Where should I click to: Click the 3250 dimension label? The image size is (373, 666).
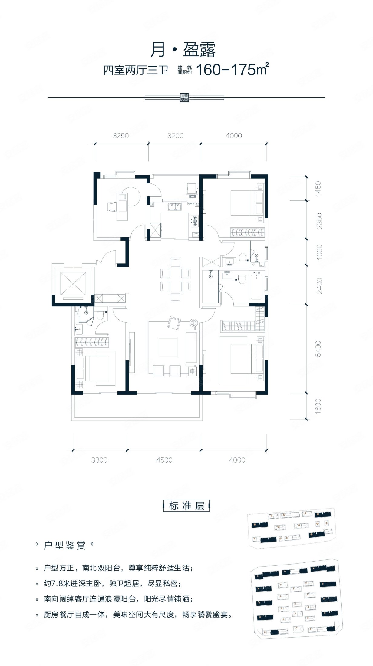pos(121,136)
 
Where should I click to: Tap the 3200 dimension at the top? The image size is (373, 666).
pos(175,136)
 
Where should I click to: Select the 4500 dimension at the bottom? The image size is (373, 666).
pos(164,460)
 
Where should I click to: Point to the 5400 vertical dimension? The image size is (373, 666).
pos(318,349)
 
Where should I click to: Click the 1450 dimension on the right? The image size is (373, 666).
pos(318,189)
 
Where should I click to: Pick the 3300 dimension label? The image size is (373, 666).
pos(99,460)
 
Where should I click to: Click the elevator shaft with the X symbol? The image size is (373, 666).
pos(73,283)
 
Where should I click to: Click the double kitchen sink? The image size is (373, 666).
pos(174,207)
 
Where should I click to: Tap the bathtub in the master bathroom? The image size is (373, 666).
pos(257,285)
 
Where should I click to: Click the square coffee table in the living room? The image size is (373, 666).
pos(168,347)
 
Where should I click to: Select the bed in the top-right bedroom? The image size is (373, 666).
pos(244,203)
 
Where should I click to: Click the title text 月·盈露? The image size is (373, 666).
pos(183,50)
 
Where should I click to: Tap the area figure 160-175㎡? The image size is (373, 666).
pos(233,70)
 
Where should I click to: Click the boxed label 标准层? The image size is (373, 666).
pos(187,506)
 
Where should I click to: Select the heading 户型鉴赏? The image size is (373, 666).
pos(65,546)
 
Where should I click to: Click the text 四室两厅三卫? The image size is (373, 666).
pos(136,70)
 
